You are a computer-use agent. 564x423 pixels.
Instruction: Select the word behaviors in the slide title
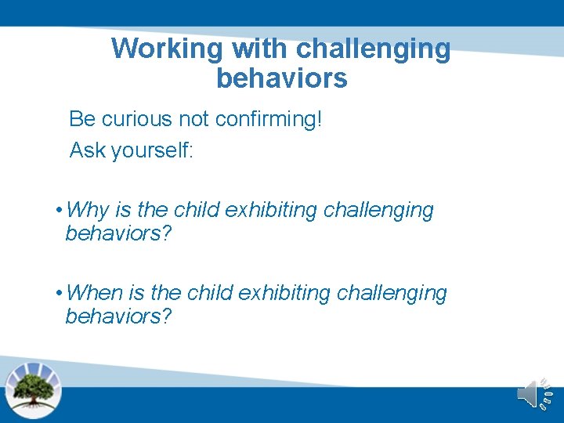281,78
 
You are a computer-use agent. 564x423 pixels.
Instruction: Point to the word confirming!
268,119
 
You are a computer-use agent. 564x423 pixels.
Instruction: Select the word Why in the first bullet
88,210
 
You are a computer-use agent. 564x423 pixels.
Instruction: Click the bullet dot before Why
60,211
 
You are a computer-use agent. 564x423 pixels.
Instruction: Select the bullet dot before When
60,294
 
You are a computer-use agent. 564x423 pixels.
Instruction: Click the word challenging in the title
373,49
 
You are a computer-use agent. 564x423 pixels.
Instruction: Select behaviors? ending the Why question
118,233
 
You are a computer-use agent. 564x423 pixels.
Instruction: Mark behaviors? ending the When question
118,316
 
